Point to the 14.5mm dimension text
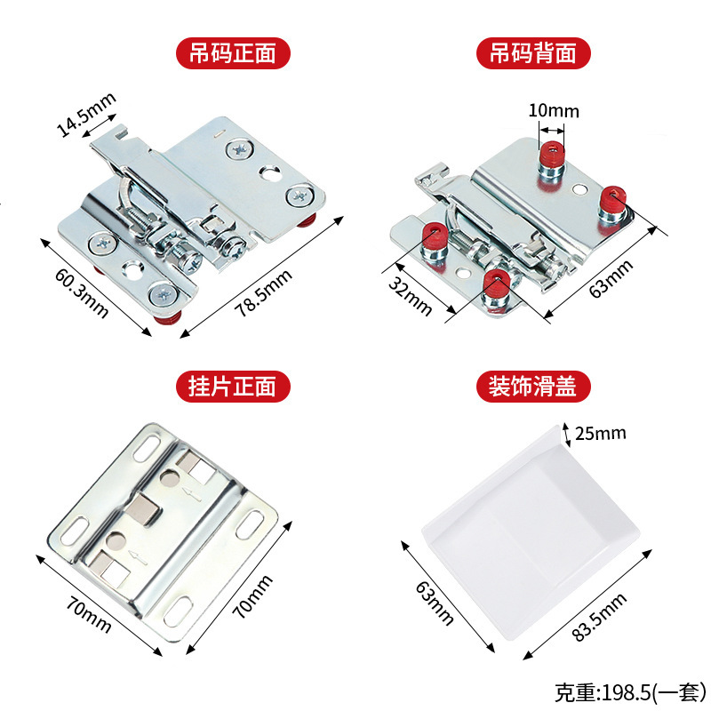[x=85, y=116]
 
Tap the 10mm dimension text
[x=553, y=111]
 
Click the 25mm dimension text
[x=601, y=434]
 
